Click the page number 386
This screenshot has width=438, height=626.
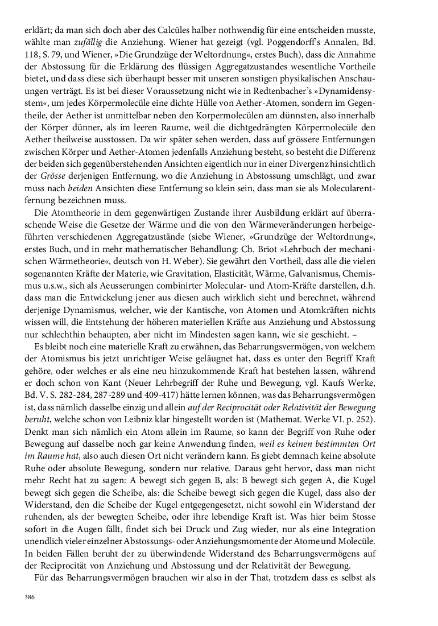[x=30, y=597]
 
